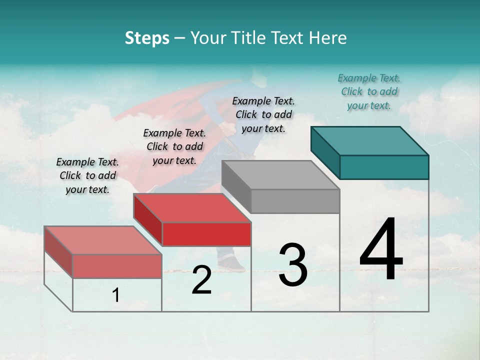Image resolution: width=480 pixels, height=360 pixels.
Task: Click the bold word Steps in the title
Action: click(147, 38)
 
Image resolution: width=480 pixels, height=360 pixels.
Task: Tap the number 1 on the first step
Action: click(116, 295)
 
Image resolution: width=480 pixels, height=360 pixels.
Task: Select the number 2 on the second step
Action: click(201, 280)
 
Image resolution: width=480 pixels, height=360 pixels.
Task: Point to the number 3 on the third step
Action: click(293, 265)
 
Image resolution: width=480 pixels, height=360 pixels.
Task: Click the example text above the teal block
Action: click(369, 91)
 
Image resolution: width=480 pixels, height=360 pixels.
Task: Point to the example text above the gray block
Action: click(263, 114)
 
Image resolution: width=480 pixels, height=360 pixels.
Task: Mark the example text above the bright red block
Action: click(174, 146)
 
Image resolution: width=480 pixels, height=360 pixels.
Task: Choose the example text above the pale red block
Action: click(87, 175)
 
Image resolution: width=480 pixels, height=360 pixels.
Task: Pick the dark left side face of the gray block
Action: click(236, 186)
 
